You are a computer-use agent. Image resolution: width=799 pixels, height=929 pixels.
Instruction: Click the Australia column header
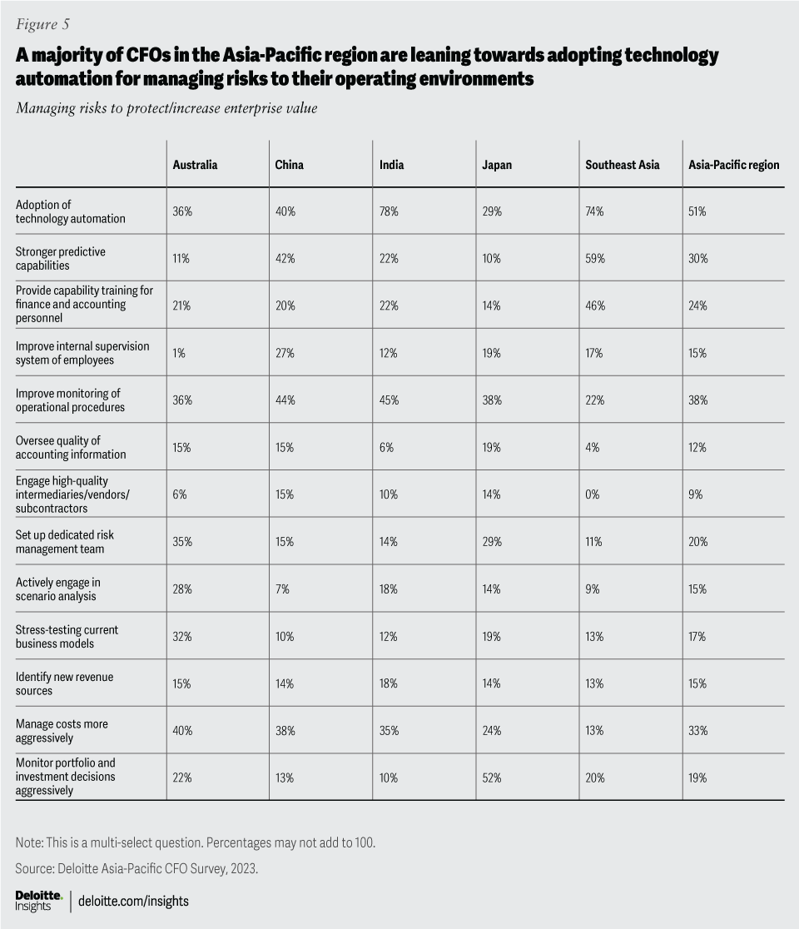195,165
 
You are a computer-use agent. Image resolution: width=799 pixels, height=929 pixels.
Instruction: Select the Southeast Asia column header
622,165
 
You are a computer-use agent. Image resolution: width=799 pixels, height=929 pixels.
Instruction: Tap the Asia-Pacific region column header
733,165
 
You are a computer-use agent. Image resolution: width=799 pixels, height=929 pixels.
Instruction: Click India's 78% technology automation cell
389,212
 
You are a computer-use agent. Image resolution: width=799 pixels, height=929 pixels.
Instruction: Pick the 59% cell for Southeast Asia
595,259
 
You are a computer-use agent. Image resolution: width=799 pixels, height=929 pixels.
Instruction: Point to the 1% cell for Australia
179,353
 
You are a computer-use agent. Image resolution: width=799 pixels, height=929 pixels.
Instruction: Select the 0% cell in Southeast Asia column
593,494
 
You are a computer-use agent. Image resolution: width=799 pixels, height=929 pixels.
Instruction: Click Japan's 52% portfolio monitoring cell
492,777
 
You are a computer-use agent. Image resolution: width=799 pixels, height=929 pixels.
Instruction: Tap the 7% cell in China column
282,589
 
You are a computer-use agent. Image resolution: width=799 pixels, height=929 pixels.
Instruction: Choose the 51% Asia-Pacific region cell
697,212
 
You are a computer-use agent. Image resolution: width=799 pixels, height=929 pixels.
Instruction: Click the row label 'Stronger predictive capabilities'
61,258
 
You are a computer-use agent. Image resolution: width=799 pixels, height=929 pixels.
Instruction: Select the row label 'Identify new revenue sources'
64,683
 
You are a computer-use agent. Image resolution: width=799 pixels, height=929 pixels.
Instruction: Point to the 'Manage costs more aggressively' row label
62,731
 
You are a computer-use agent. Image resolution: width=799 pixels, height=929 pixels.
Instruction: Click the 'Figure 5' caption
42,23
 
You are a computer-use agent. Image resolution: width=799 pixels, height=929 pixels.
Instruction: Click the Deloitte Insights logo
38,900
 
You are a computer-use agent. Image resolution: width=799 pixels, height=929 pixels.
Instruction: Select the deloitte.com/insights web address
133,901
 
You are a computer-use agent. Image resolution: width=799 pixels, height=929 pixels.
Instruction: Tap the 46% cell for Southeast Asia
595,306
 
